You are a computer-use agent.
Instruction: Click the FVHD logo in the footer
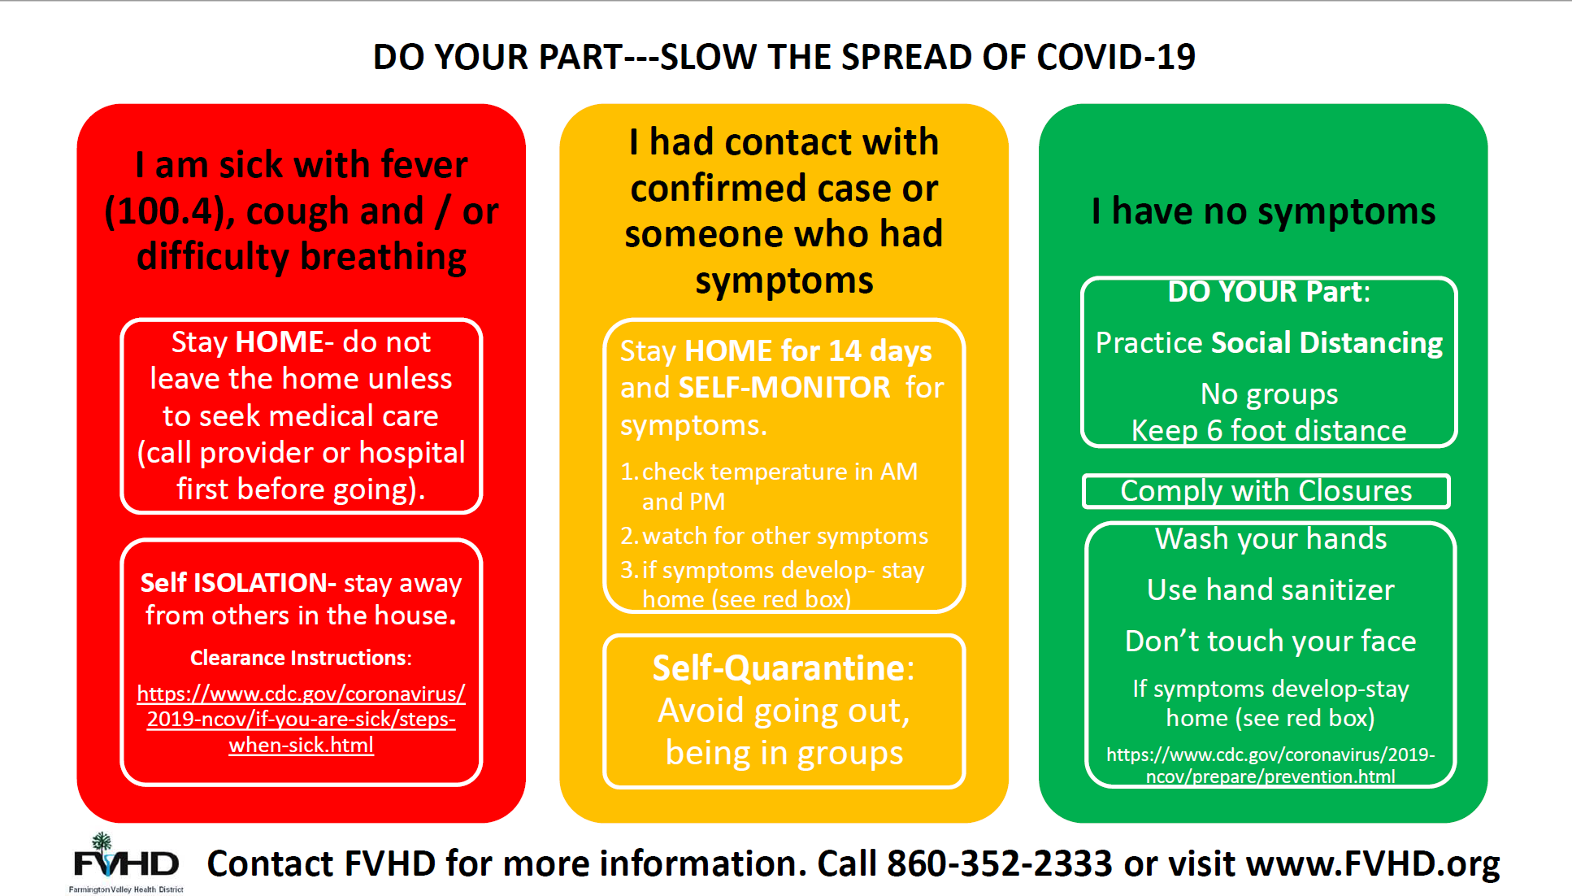tap(126, 863)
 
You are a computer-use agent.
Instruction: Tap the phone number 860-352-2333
tap(999, 863)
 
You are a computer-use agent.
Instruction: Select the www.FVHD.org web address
tap(1373, 864)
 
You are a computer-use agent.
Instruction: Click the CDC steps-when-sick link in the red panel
tap(301, 719)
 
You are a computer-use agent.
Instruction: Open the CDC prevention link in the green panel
tap(1270, 765)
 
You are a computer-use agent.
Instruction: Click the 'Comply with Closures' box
tap(1266, 491)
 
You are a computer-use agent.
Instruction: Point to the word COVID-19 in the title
tap(1116, 57)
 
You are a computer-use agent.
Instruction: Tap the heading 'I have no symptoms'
tap(1264, 211)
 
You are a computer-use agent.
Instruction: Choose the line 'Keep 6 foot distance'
tap(1269, 430)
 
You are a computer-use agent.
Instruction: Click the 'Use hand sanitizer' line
tap(1270, 589)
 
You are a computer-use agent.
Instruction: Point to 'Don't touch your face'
tap(1270, 641)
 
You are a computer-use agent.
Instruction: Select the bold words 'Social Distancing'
tap(1327, 342)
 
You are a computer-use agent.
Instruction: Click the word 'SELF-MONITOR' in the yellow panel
tap(784, 387)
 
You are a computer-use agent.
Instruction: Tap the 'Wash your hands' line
tap(1271, 538)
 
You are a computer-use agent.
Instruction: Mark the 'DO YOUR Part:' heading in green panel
tap(1269, 292)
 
